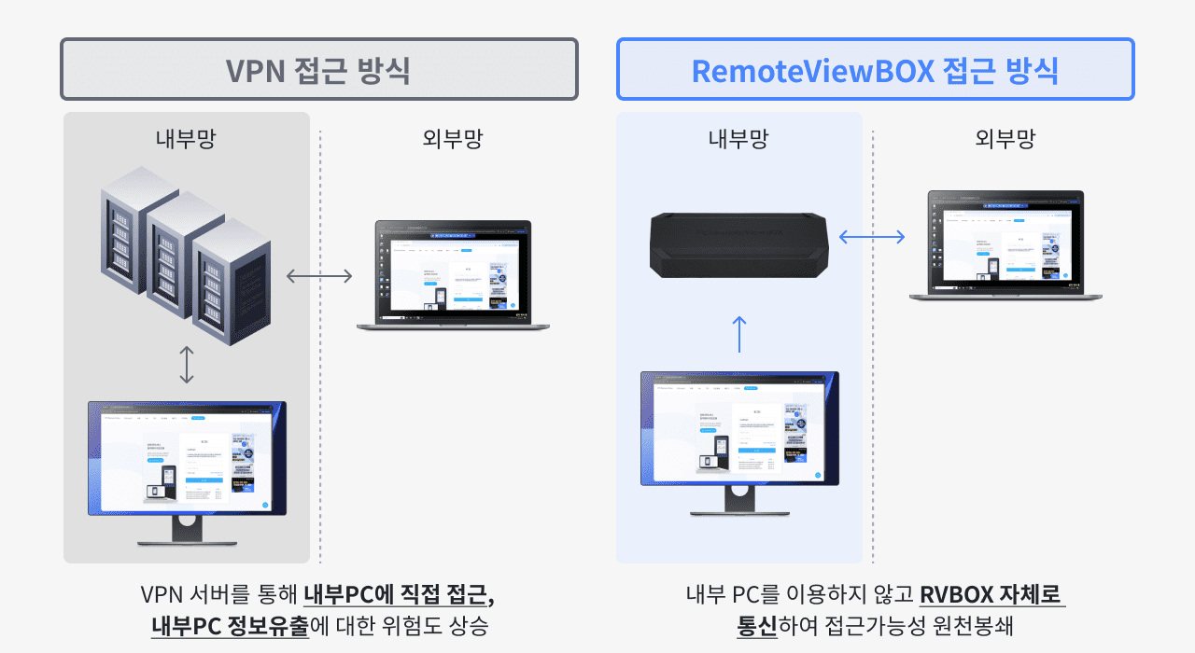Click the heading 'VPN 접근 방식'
(x=318, y=69)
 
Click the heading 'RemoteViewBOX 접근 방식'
(x=875, y=69)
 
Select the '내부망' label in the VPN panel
(x=186, y=139)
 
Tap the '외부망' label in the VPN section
(x=453, y=139)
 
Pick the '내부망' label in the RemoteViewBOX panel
(x=738, y=139)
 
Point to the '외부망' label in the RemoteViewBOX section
(x=1005, y=139)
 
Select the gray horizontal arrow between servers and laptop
(x=319, y=275)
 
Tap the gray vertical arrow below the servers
(x=187, y=365)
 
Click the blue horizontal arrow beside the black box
(x=872, y=237)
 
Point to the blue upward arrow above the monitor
(x=739, y=333)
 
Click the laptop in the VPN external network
(x=453, y=275)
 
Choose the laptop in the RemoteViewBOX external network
(x=1005, y=245)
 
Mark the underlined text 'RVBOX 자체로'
(x=991, y=595)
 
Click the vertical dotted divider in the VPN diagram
(x=320, y=420)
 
